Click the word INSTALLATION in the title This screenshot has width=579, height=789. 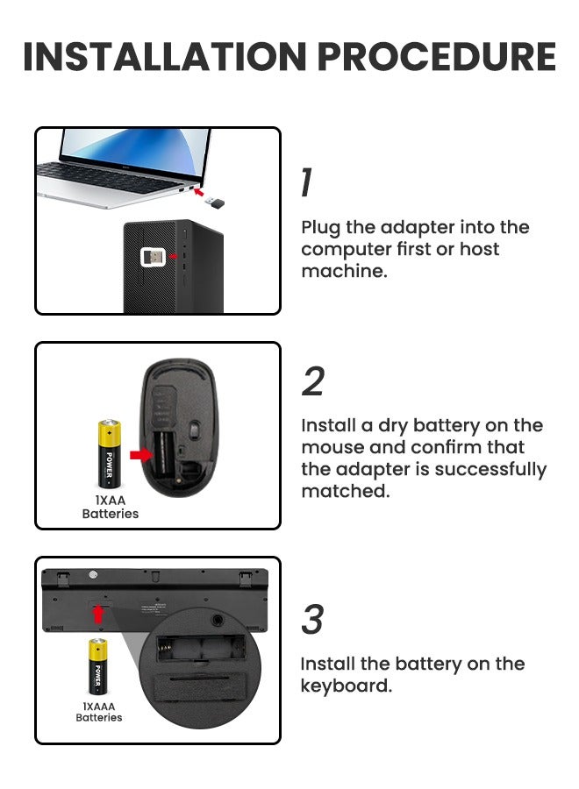(164, 57)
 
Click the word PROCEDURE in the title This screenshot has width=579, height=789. (436, 57)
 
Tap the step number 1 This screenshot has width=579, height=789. (305, 183)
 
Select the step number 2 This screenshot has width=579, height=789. (312, 382)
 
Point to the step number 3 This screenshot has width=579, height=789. (312, 620)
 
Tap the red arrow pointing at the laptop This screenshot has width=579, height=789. (200, 188)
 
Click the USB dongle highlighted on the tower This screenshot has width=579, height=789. (152, 258)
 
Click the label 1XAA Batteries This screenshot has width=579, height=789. (111, 507)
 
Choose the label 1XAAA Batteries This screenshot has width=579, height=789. (99, 711)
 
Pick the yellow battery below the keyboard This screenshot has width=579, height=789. (98, 666)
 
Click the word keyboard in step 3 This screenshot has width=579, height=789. (346, 686)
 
